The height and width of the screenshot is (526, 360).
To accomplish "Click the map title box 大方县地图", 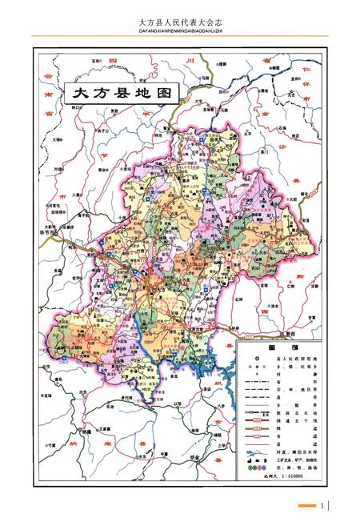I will point(123,92).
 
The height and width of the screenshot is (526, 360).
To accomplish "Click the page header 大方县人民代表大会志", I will point(179,24).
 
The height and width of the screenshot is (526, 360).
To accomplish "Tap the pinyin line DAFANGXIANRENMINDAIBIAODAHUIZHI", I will point(179,34).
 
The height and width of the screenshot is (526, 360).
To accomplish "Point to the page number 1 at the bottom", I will point(322,505).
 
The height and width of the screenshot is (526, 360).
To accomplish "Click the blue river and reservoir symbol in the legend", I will point(254,453).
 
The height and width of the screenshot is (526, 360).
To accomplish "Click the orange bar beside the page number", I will point(307,505).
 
